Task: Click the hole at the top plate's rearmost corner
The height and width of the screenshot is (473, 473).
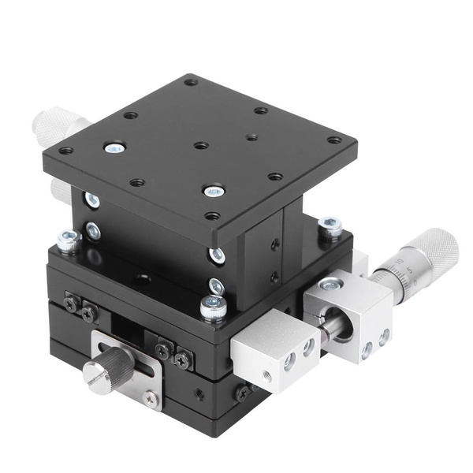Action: (191, 81)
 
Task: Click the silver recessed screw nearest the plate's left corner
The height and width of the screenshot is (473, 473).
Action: (114, 147)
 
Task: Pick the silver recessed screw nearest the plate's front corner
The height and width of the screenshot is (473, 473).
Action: (213, 191)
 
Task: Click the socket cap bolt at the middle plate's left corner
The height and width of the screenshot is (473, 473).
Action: (69, 239)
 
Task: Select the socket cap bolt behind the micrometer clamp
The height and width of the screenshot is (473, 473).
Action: (329, 227)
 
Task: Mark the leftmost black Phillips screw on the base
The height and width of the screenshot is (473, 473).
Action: (72, 304)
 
